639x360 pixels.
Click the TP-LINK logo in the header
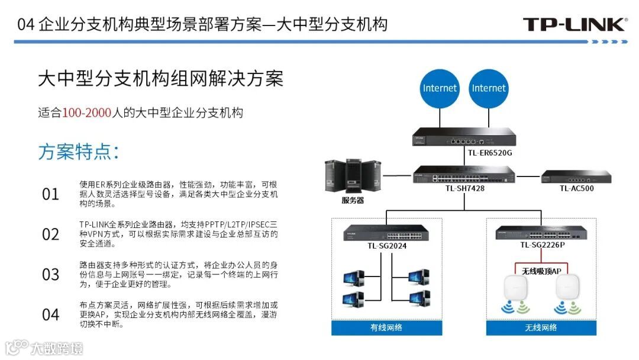575,24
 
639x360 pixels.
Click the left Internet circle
440,88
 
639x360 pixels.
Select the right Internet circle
489,88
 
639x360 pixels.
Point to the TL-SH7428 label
465,188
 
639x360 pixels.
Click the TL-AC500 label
576,188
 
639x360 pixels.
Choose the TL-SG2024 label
387,246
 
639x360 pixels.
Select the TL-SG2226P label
542,245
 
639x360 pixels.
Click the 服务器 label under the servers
353,200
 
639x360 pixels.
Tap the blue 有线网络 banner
386,327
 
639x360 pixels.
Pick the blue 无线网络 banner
541,327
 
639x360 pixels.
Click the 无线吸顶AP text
541,271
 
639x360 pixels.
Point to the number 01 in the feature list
51,194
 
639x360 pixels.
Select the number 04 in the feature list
51,314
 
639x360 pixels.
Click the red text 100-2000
87,113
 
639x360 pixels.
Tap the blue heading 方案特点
79,152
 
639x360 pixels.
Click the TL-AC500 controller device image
576,176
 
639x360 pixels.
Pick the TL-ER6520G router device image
463,138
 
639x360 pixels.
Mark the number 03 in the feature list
51,274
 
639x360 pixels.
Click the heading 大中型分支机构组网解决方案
160,79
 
